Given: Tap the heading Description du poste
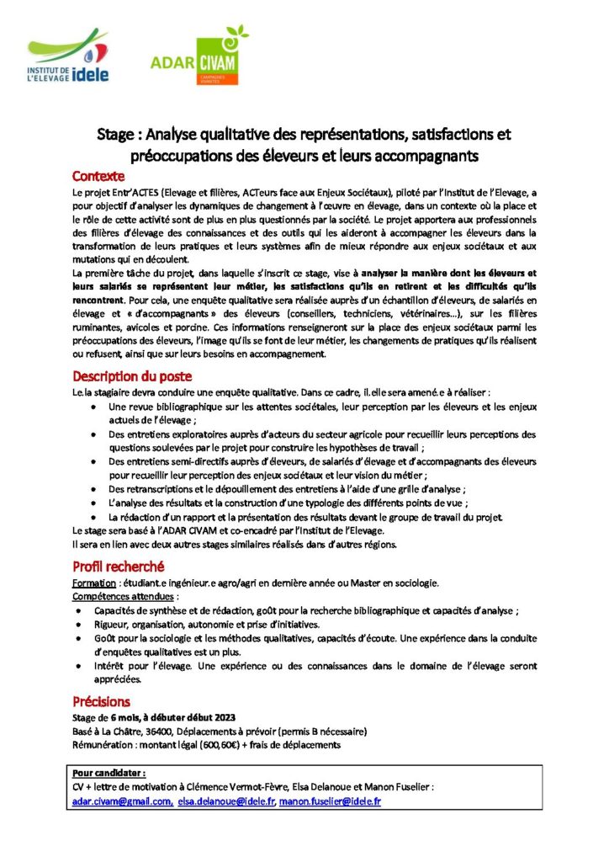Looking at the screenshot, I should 132,375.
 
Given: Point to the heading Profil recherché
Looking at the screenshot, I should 118,567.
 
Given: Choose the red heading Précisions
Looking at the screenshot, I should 101,700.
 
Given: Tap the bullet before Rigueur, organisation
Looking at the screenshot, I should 78,625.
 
